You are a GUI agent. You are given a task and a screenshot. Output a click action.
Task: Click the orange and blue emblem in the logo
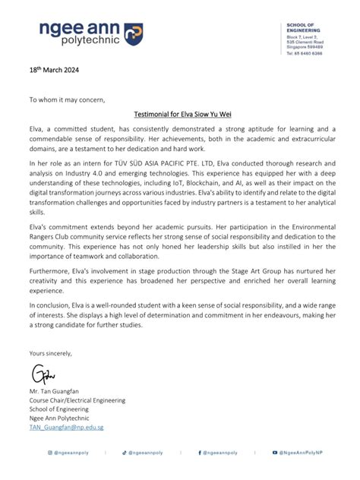point(133,32)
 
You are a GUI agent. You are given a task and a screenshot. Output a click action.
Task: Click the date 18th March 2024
point(54,71)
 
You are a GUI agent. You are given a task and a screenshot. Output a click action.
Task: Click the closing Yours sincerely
point(51,354)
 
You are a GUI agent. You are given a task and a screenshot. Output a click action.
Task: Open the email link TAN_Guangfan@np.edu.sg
point(66,428)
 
